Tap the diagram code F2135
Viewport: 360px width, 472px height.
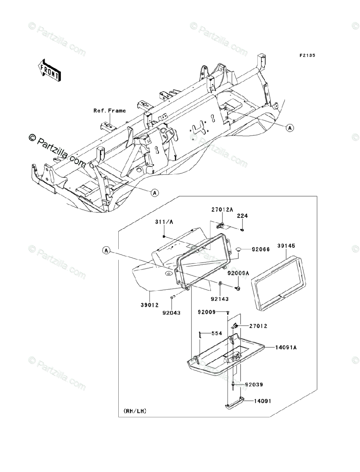click(x=307, y=55)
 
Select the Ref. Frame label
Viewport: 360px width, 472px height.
click(x=110, y=111)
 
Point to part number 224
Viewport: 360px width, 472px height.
click(x=242, y=216)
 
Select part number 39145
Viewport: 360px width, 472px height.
click(x=285, y=246)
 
